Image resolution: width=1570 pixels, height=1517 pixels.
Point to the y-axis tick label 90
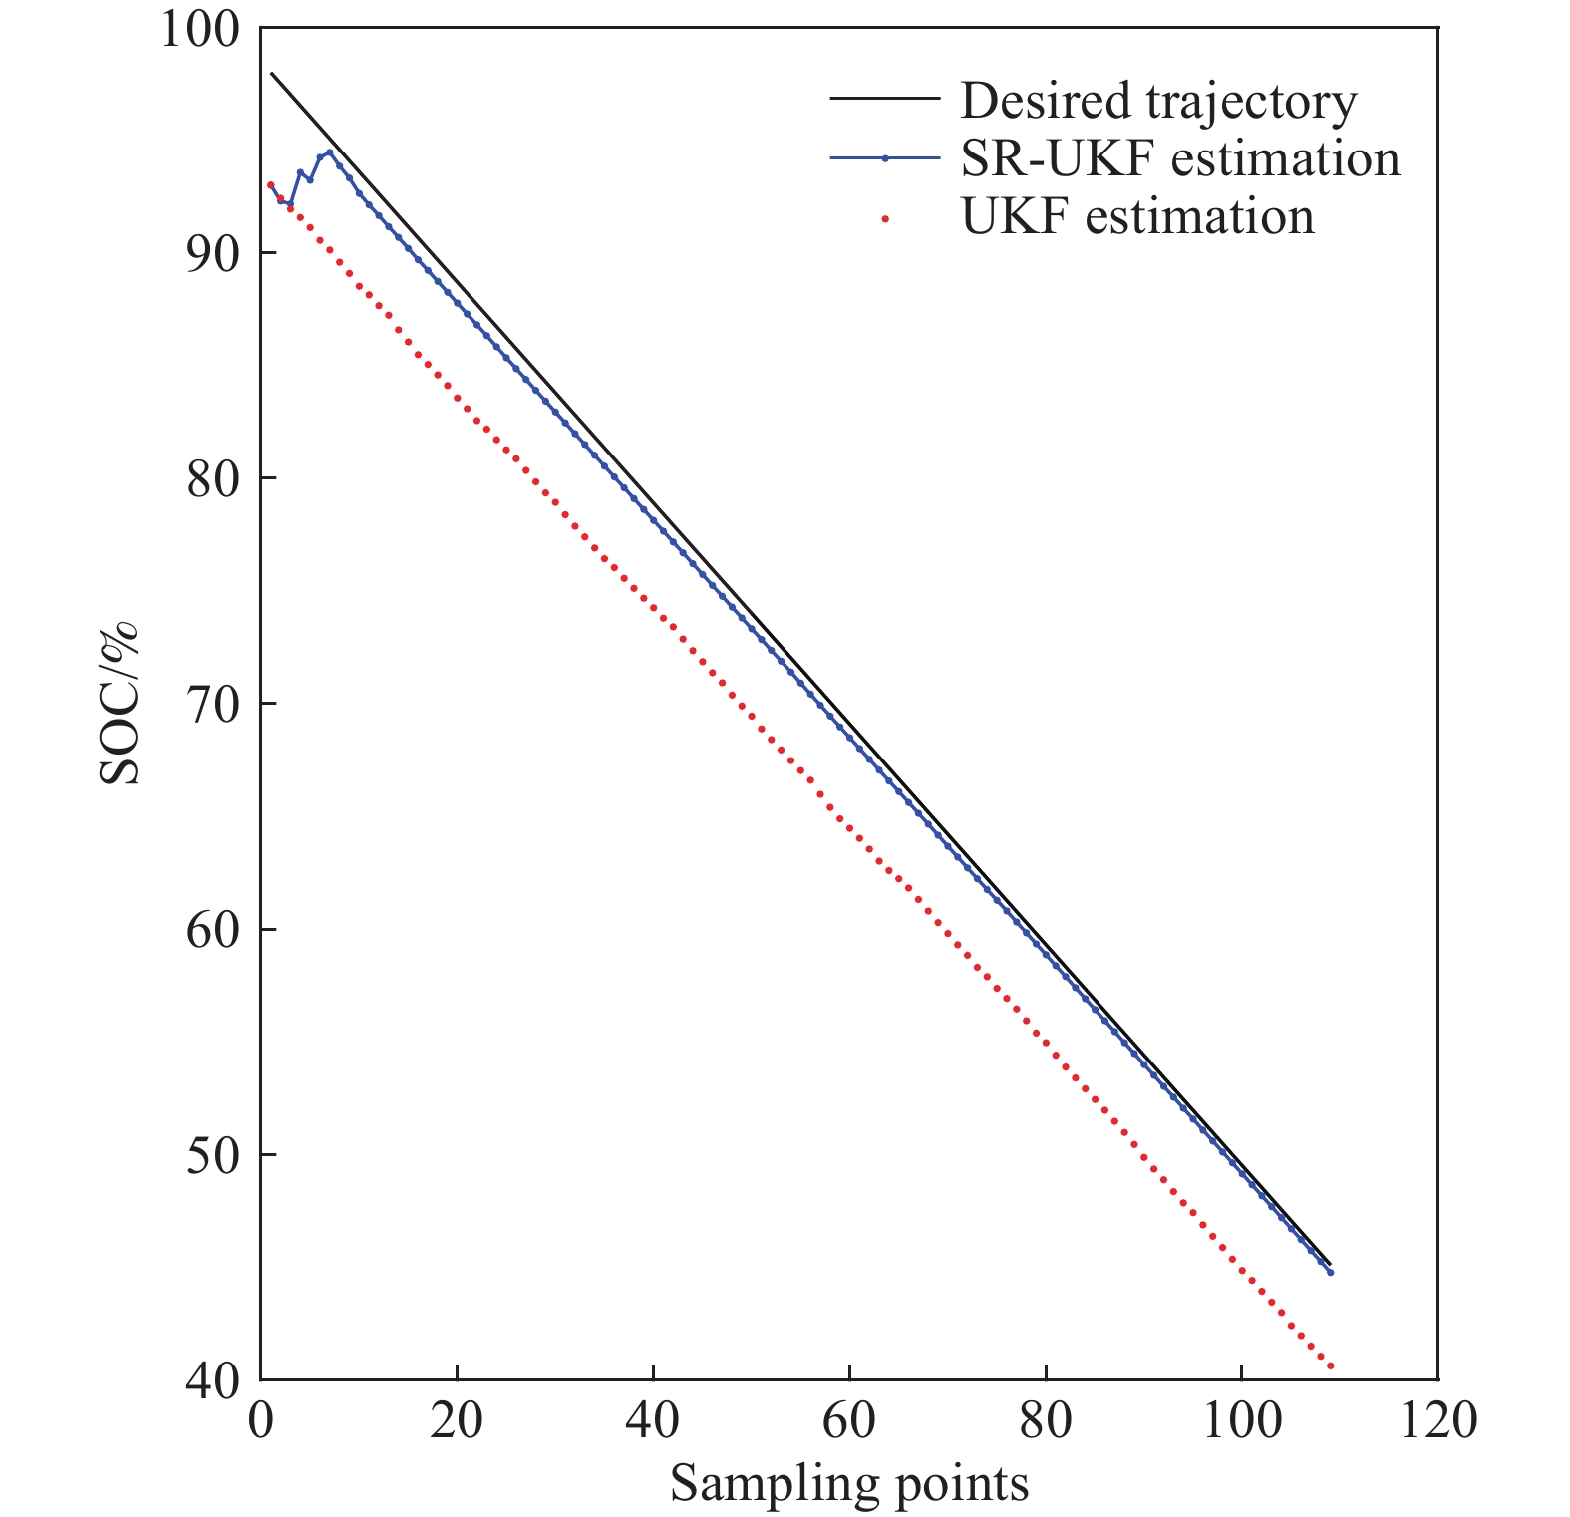[x=213, y=253]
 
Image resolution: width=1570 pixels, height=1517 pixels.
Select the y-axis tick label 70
[x=213, y=704]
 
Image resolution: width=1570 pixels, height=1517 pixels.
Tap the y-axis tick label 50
[x=213, y=1155]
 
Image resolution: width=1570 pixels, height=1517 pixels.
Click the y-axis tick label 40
[x=213, y=1381]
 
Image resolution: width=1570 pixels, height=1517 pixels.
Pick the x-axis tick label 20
[x=457, y=1419]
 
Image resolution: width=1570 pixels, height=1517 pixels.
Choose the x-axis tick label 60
[x=849, y=1419]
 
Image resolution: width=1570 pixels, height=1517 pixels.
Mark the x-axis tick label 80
[x=1045, y=1419]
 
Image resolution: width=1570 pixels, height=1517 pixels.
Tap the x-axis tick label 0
[x=261, y=1419]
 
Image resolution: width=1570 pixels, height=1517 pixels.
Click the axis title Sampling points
[x=849, y=1483]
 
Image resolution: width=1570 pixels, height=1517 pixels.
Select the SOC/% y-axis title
[x=120, y=704]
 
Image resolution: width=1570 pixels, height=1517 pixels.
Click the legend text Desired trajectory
[x=1158, y=101]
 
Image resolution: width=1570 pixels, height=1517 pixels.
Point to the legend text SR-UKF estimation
[x=1180, y=159]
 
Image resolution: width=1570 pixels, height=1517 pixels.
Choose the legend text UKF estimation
[x=1137, y=217]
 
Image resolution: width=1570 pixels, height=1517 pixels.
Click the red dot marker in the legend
[x=885, y=217]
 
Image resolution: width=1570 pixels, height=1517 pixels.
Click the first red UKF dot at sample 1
[x=270, y=184]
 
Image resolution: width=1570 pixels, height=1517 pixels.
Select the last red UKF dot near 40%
[x=1330, y=1366]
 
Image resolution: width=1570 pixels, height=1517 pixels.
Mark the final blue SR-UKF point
[x=1330, y=1272]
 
